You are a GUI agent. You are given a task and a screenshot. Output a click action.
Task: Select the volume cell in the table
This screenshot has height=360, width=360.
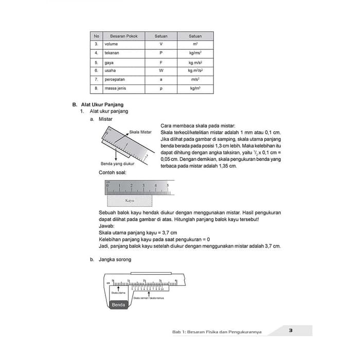point(111,44)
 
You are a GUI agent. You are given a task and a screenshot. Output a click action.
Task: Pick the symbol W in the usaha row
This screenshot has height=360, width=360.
point(161,70)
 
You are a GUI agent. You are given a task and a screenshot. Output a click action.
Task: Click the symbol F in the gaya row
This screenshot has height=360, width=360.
point(161,62)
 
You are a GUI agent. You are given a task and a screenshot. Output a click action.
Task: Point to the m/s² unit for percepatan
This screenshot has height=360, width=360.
point(195,80)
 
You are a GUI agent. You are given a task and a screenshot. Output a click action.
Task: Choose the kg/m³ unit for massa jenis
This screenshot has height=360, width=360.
point(195,88)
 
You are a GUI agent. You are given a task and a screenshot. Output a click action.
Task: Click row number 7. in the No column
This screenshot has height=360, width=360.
point(96,80)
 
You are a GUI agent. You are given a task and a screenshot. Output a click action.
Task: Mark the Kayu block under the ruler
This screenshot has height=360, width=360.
point(130,201)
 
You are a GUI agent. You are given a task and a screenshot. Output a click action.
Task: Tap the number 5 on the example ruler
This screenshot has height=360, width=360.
point(168,185)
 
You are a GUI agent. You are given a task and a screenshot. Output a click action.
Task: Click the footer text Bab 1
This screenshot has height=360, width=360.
point(178,332)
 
